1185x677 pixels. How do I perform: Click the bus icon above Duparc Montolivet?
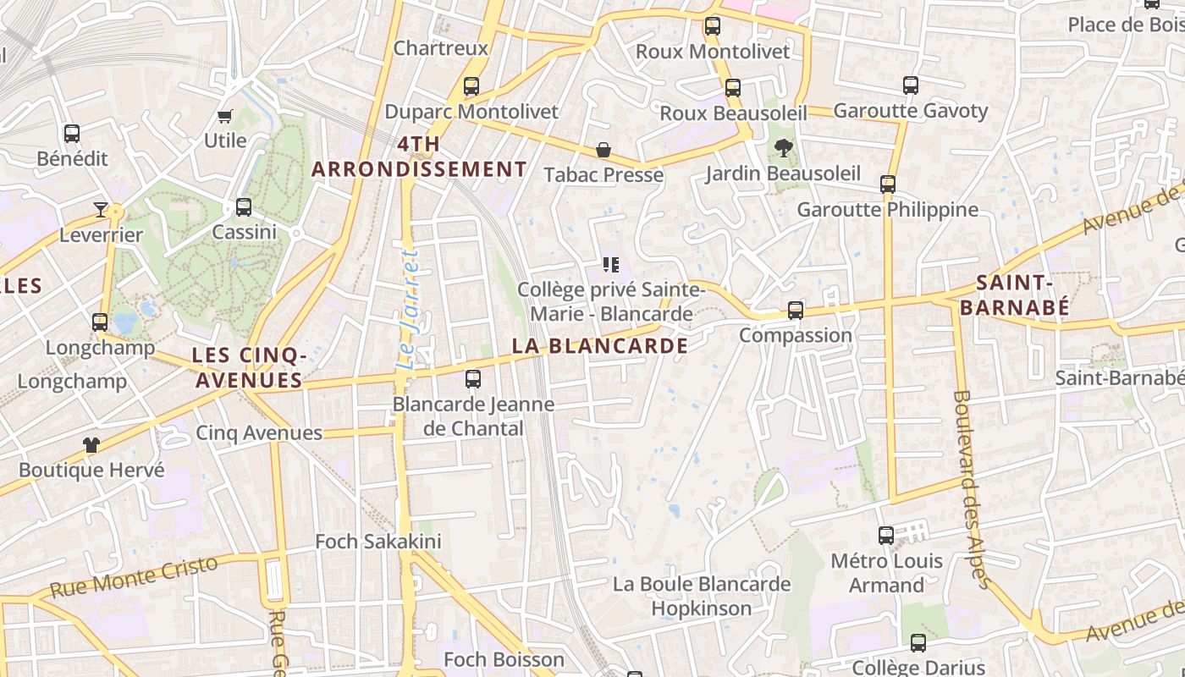click(471, 86)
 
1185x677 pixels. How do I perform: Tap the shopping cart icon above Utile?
click(225, 116)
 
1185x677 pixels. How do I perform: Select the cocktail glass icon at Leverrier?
click(101, 209)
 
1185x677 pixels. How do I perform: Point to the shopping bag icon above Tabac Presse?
click(604, 150)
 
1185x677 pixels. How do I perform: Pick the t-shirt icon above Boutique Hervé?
click(91, 444)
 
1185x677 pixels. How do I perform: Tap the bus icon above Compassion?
click(796, 311)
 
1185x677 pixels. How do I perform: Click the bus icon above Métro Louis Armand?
click(886, 536)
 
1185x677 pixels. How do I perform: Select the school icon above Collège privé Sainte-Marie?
click(611, 265)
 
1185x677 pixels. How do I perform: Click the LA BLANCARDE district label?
click(600, 345)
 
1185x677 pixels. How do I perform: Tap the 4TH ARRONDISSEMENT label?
click(419, 157)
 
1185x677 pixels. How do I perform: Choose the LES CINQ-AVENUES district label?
click(249, 367)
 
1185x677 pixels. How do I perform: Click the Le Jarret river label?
click(409, 310)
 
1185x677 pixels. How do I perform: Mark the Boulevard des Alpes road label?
click(971, 488)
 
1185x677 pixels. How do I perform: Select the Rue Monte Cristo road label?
click(135, 575)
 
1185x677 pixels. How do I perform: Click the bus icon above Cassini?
click(244, 207)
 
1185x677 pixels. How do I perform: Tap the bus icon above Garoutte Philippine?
click(888, 184)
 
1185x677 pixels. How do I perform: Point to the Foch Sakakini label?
click(378, 541)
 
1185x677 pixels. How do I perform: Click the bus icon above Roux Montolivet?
click(713, 26)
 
